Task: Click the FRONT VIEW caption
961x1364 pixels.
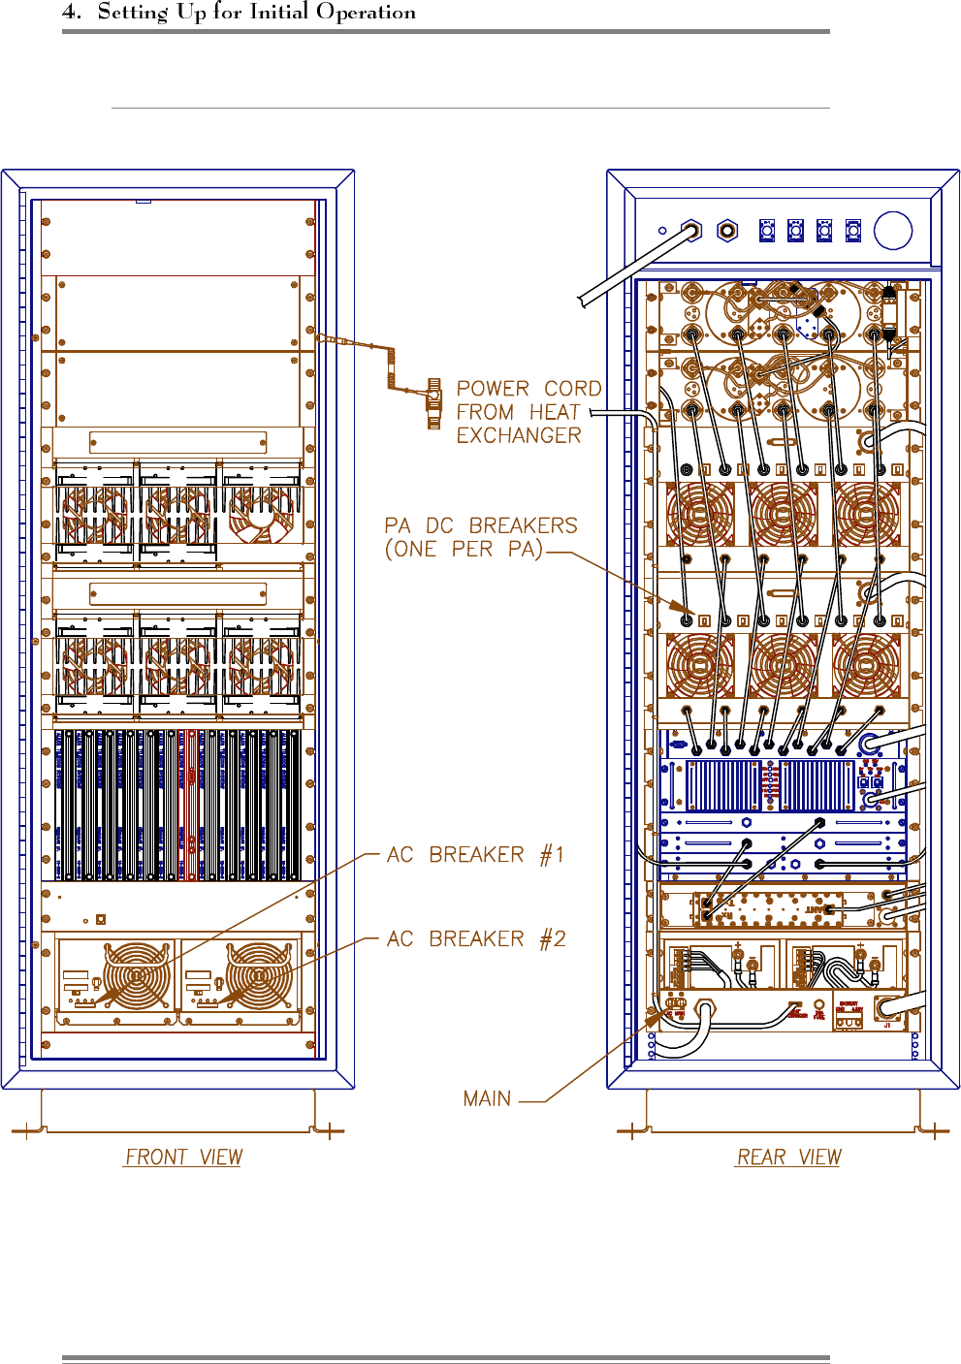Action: (183, 1157)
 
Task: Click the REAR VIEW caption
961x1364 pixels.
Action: (788, 1157)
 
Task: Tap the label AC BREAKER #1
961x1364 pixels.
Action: (475, 855)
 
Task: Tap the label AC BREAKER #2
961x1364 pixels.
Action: (475, 938)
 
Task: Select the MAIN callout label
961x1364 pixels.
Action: (487, 1098)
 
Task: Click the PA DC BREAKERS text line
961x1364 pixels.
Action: (481, 525)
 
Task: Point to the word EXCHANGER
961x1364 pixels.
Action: (519, 435)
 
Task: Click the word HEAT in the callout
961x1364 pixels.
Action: (554, 412)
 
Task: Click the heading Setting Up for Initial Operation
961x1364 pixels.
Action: (257, 13)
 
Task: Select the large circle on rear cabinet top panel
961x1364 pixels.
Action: (892, 231)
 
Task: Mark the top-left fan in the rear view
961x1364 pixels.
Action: (700, 514)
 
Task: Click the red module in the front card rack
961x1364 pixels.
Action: (190, 805)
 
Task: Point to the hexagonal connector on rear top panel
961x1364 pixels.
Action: (726, 231)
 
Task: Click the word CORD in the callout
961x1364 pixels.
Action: (572, 389)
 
